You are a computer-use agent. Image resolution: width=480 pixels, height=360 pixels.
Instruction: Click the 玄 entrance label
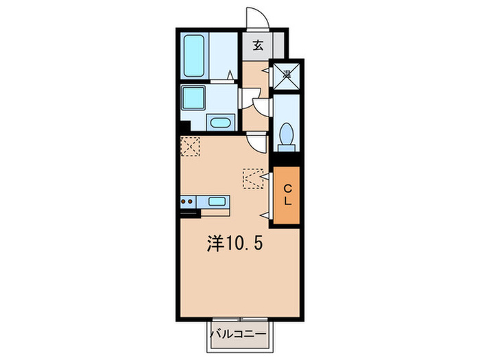258,46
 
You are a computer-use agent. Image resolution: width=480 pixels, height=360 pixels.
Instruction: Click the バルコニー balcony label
242,335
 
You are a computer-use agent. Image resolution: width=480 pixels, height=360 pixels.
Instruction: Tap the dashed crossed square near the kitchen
190,146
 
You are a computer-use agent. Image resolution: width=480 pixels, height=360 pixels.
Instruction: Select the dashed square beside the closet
252,178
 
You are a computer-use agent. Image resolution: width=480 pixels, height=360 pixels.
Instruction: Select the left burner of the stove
184,202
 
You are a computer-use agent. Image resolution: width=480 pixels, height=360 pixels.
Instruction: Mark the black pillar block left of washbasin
183,128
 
